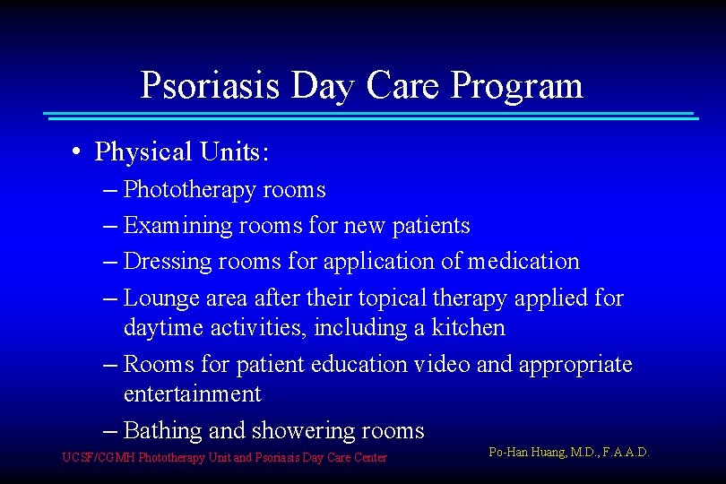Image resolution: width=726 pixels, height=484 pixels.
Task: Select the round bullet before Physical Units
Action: [x=80, y=152]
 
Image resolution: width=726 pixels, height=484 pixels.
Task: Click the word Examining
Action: [x=178, y=226]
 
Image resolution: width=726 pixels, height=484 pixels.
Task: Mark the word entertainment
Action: [x=192, y=394]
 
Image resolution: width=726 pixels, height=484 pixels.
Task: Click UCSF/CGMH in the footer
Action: [x=99, y=458]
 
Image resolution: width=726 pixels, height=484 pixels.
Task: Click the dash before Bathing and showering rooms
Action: [x=111, y=431]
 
